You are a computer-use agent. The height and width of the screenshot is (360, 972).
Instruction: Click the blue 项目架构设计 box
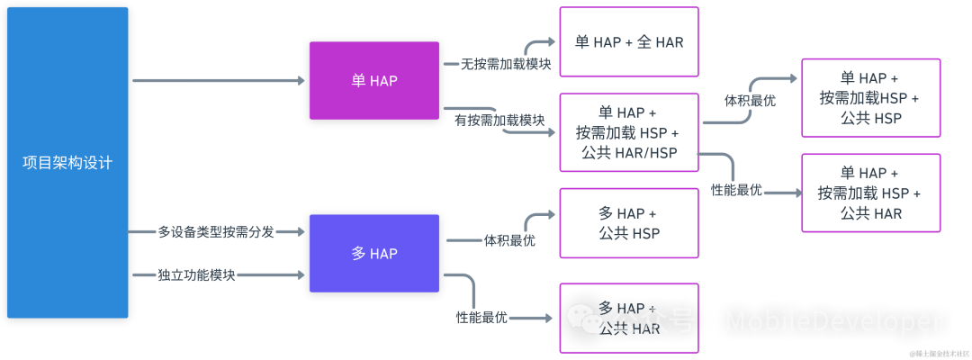(67, 163)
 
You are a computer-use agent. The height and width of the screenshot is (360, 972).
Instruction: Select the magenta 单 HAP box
(374, 80)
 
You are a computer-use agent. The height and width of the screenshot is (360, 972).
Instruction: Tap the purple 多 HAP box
(374, 253)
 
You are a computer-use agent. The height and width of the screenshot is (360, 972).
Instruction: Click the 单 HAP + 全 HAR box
(629, 41)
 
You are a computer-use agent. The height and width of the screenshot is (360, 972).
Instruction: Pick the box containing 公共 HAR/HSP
(629, 132)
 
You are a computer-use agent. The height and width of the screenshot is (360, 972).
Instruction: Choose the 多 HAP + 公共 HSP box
(629, 223)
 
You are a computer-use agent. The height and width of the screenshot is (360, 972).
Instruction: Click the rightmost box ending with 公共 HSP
(870, 97)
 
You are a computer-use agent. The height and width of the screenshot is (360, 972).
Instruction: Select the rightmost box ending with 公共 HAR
(870, 193)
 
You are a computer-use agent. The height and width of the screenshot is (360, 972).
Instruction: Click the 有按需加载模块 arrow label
(499, 120)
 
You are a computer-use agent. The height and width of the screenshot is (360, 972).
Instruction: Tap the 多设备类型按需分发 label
(216, 232)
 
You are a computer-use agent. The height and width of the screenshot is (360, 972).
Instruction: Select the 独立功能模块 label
(196, 274)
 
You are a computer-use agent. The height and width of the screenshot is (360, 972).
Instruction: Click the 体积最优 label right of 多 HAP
(509, 240)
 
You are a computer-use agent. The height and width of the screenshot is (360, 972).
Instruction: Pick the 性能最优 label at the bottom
(481, 318)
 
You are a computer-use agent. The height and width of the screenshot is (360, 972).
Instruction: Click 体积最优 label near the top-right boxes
(750, 101)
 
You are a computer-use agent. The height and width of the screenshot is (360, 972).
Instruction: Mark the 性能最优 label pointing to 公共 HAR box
(736, 191)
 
